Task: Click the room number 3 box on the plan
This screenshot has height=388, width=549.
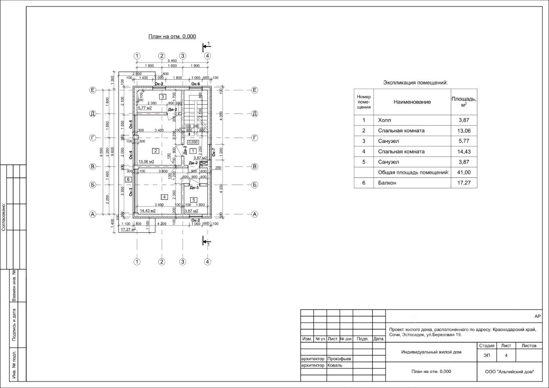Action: coord(163,96)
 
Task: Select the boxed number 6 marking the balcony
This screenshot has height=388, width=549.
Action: coord(128,179)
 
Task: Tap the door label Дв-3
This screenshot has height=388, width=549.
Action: coord(194,187)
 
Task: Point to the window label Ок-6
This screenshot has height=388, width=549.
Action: coord(196,84)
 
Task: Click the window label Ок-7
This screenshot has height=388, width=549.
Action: coord(213,151)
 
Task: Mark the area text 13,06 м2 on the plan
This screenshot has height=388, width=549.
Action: coord(146,162)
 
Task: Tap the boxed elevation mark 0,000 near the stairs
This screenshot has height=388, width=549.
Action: coord(193,142)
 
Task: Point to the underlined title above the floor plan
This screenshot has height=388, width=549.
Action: coord(172,36)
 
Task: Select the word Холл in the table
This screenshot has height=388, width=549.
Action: coord(385,120)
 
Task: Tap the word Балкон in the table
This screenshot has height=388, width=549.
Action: coord(387,183)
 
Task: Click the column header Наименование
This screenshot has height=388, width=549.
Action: coord(412,102)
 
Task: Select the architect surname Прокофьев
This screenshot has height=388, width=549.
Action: coord(339,358)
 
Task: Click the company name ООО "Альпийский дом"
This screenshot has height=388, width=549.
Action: coord(510,372)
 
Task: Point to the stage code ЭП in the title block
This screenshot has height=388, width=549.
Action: coord(487,355)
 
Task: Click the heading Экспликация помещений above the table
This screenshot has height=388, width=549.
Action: coord(415,83)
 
